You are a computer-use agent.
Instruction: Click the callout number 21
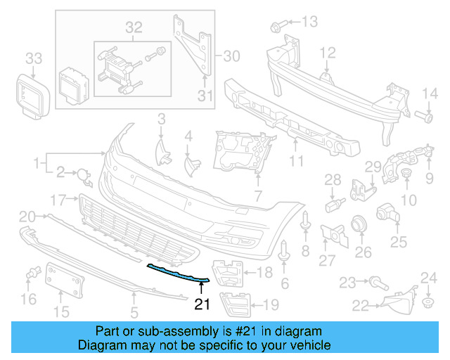click(202, 304)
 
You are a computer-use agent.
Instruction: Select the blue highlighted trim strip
click(176, 274)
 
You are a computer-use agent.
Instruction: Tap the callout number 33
click(34, 57)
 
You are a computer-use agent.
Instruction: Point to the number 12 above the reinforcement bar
click(328, 52)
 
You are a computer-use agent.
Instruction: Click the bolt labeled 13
click(276, 27)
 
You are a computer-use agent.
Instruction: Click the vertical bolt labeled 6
click(284, 252)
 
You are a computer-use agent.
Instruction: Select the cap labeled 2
click(83, 173)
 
